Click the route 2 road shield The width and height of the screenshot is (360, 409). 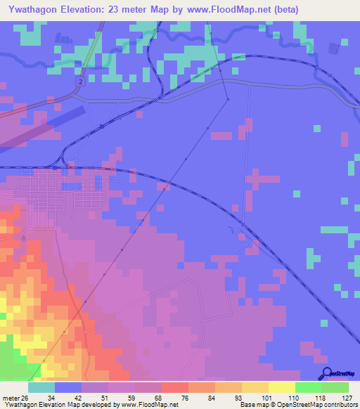(80, 82)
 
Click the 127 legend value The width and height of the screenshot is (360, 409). (345, 398)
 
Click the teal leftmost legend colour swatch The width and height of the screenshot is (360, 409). (41, 387)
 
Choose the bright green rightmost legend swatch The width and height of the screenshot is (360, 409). (335, 387)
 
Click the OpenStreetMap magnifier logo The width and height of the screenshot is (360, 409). (326, 373)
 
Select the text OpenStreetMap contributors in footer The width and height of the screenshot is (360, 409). (321, 405)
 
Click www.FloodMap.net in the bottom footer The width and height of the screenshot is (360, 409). (148, 405)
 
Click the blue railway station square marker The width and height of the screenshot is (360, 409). (103, 126)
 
